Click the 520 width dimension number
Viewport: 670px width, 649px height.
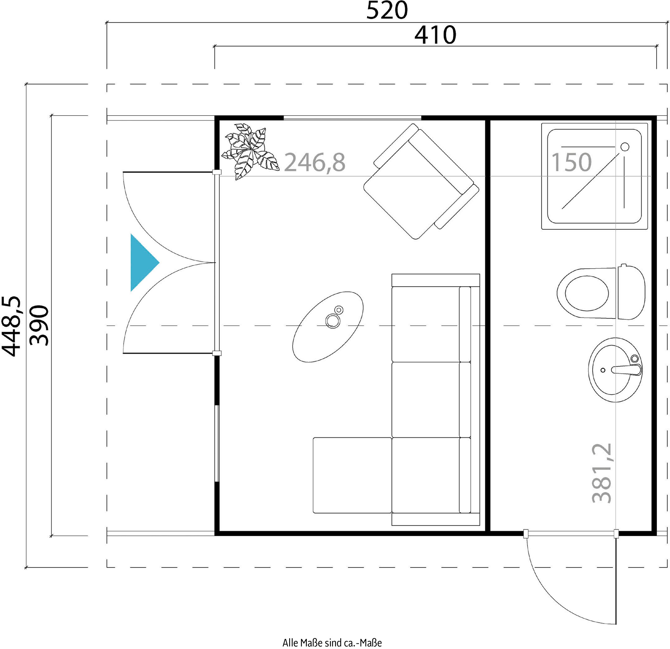387,11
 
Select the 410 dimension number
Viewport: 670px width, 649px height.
435,35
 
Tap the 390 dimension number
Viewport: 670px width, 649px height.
39,325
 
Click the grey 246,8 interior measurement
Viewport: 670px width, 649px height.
315,162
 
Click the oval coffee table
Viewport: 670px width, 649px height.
328,327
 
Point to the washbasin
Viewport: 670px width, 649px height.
615,370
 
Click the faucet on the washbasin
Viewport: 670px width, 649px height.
626,369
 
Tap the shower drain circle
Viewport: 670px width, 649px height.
625,147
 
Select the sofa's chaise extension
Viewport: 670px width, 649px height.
352,475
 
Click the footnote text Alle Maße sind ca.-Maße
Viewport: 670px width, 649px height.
332,643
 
